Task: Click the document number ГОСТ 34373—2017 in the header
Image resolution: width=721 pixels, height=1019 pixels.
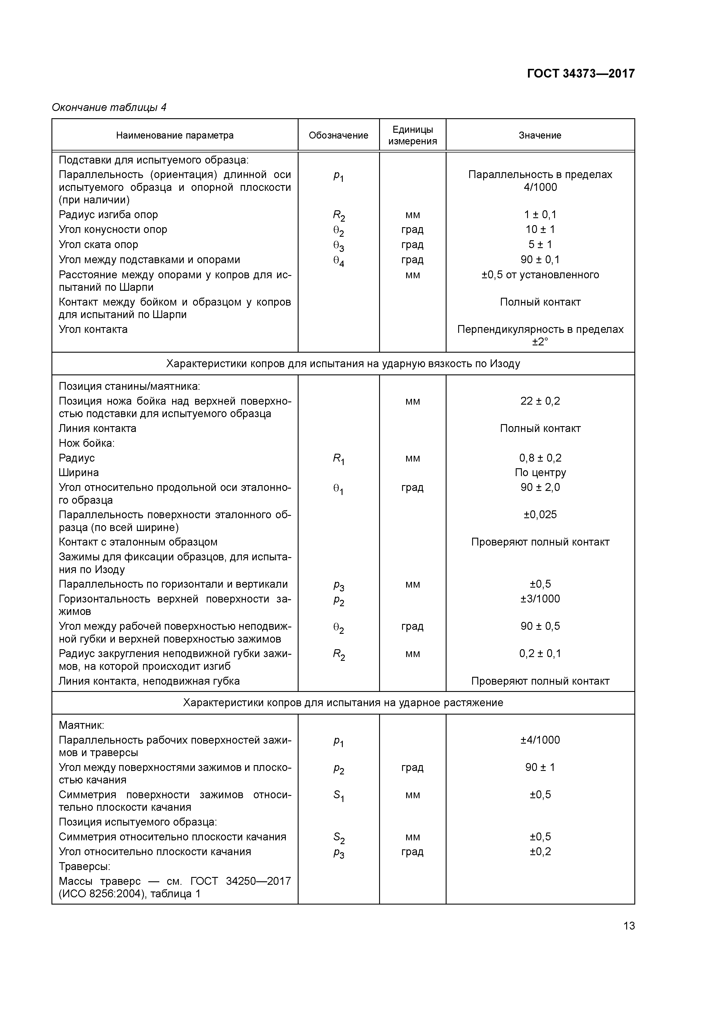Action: (581, 73)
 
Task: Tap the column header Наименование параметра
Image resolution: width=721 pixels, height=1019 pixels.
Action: (175, 135)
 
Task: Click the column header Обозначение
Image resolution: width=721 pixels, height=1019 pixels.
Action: (338, 135)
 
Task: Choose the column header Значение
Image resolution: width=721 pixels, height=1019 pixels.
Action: (540, 135)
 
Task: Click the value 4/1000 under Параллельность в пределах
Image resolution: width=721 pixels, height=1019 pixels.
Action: (540, 187)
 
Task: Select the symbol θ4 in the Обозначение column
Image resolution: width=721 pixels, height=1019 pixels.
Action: (338, 261)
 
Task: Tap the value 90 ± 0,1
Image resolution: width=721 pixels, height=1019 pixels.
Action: (540, 260)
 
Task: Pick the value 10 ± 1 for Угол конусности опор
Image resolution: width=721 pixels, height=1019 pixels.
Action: (540, 229)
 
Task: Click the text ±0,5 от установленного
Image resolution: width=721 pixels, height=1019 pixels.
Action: (540, 275)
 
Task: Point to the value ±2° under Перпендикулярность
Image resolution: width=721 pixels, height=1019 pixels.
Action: (540, 342)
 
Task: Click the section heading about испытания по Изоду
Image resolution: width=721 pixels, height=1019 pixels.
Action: (343, 364)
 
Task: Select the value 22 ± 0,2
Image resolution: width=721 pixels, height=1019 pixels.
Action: (540, 401)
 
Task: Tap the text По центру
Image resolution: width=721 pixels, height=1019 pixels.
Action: (540, 473)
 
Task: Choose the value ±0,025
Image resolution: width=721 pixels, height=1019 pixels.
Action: (540, 515)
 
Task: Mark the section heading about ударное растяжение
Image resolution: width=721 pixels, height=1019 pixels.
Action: (343, 703)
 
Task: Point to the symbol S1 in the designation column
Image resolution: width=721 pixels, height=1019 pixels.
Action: (338, 796)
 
